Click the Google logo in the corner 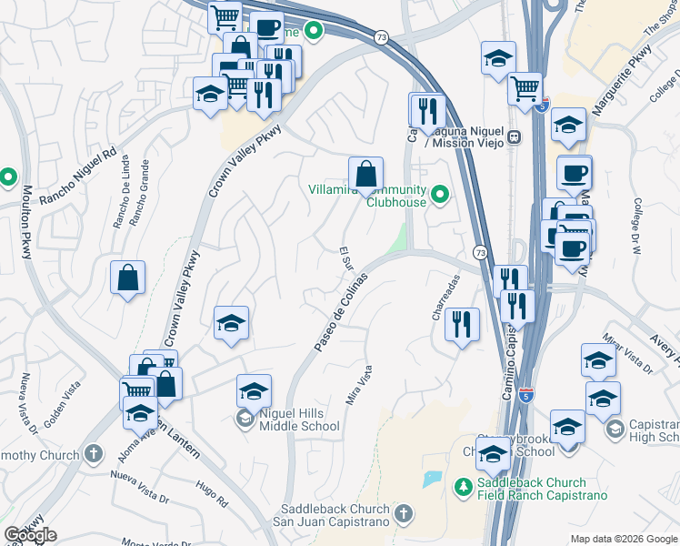30,535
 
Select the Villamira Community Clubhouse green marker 440,195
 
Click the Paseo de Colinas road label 341,312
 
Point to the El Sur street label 345,256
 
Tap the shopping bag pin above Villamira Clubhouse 365,174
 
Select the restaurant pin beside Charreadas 463,325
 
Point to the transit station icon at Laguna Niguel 515,137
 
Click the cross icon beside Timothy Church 93,453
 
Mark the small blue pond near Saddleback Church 432,480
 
